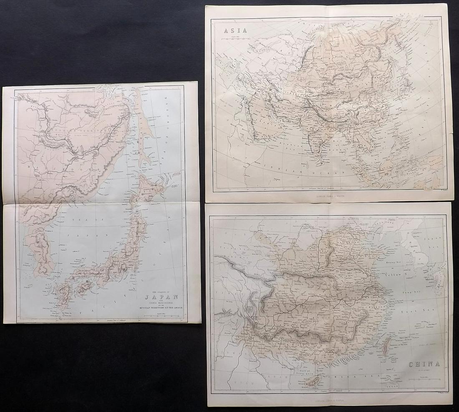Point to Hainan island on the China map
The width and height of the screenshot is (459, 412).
[318, 379]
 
